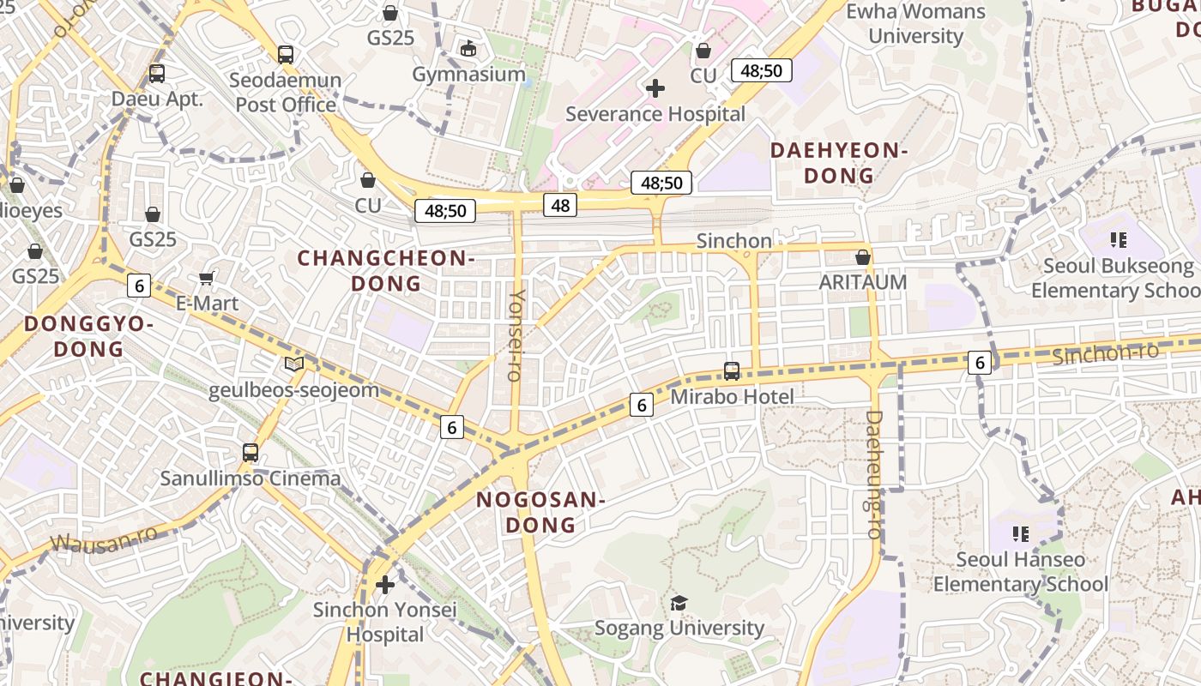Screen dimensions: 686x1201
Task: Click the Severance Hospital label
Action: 655,114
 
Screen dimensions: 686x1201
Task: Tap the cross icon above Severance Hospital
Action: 655,88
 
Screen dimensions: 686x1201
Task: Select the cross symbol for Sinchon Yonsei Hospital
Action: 385,585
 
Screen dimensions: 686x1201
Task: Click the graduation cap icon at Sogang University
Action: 679,603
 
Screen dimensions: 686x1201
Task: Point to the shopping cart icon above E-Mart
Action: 206,278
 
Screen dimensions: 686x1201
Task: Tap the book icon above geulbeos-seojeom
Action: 294,364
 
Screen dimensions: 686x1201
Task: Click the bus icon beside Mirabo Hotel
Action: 732,371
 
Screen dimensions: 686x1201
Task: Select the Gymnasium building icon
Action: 468,49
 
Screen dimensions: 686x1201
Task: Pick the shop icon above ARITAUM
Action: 863,257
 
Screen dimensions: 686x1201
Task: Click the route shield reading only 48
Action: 560,205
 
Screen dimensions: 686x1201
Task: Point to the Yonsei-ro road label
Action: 516,334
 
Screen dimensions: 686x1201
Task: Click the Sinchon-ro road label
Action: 1105,352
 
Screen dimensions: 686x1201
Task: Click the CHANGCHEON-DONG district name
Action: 385,270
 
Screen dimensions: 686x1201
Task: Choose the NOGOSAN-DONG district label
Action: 540,512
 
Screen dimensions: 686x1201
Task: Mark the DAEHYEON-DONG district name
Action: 838,163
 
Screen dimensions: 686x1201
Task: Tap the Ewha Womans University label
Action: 915,24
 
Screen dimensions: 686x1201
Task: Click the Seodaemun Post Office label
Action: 287,93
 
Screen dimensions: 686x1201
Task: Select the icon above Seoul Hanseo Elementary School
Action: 1021,534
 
